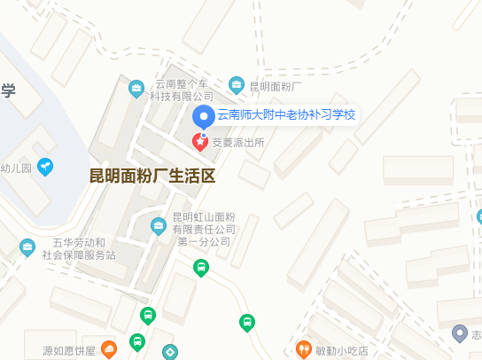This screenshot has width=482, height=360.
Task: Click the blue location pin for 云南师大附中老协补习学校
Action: (x=204, y=116)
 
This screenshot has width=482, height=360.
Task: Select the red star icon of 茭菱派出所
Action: (x=201, y=141)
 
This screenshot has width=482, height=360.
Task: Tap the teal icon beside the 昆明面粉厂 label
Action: (x=237, y=86)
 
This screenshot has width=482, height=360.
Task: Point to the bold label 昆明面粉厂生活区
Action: (x=152, y=175)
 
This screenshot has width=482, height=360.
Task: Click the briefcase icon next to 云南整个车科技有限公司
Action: (x=136, y=88)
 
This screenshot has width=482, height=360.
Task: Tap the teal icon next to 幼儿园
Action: (x=44, y=167)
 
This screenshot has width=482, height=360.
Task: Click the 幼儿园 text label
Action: (x=15, y=168)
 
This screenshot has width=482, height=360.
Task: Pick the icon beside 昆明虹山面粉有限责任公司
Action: (x=159, y=225)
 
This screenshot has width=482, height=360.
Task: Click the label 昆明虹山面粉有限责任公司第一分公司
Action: (x=204, y=229)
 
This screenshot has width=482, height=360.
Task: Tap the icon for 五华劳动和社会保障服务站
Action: (x=27, y=247)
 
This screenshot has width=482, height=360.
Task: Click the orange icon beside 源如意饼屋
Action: (x=109, y=349)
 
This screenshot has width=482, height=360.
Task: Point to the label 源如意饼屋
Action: (x=68, y=350)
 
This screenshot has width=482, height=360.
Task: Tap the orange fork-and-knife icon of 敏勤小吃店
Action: (x=304, y=349)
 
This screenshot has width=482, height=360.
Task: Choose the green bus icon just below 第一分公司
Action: (x=201, y=266)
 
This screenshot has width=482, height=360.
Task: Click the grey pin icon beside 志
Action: (x=459, y=333)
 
